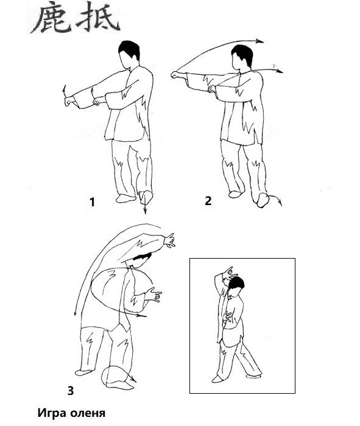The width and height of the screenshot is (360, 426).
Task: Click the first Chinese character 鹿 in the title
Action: [x=51, y=18]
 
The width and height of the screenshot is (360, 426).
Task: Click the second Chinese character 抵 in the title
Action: [x=99, y=17]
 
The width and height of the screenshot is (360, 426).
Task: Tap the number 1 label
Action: [x=93, y=202]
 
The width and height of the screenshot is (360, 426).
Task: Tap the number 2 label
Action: [x=208, y=201]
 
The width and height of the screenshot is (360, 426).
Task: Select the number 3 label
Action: [x=71, y=391]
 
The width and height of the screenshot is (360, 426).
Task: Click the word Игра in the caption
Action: [x=52, y=413]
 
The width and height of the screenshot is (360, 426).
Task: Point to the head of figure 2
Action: [x=242, y=58]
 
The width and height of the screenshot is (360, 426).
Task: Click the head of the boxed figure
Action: [x=236, y=288]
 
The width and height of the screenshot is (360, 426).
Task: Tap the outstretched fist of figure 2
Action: [x=177, y=75]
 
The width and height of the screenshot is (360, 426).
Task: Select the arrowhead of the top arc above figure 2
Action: [x=260, y=41]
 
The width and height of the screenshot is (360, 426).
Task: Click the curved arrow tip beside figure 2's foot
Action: [x=280, y=203]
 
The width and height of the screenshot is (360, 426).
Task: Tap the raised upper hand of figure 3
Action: [x=170, y=241]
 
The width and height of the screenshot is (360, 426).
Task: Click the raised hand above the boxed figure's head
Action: [x=230, y=274]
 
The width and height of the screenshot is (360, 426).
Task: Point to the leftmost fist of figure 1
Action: [x=69, y=102]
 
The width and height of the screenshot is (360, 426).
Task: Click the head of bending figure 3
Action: [x=140, y=260]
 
